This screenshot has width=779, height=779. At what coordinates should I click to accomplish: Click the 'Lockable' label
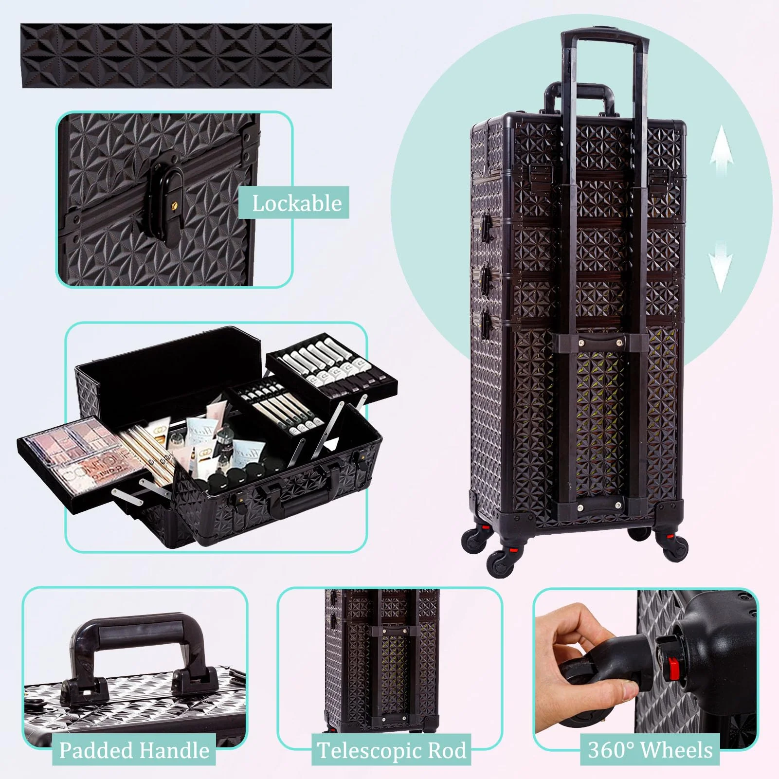[x=296, y=203]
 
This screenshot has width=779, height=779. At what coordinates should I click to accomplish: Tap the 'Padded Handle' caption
[x=134, y=750]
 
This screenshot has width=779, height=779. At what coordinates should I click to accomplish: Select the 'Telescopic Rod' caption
[x=391, y=750]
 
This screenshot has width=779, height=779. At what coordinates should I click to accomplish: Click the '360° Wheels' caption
[x=650, y=750]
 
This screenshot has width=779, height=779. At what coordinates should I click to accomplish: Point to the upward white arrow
[x=721, y=151]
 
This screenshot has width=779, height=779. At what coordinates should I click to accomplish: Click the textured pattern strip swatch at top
[x=176, y=56]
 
